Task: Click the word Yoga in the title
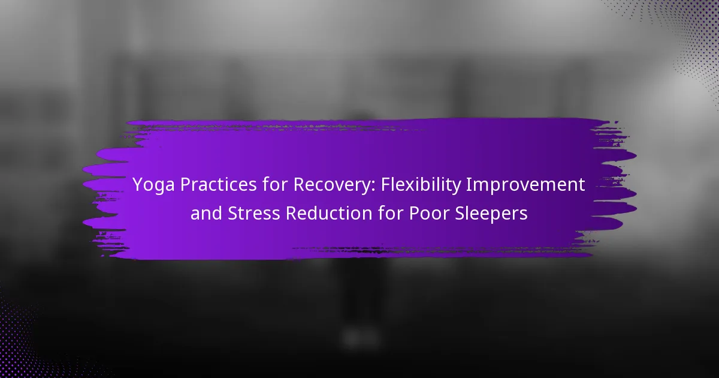pyautogui.click(x=153, y=185)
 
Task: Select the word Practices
pyautogui.click(x=218, y=185)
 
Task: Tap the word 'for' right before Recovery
pyautogui.click(x=274, y=184)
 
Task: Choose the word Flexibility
pyautogui.click(x=421, y=185)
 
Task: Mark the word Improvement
pyautogui.click(x=525, y=185)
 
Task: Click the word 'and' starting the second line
pyautogui.click(x=206, y=213)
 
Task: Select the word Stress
pyautogui.click(x=253, y=214)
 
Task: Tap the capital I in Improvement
pyautogui.click(x=468, y=185)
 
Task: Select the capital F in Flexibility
pyautogui.click(x=385, y=185)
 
